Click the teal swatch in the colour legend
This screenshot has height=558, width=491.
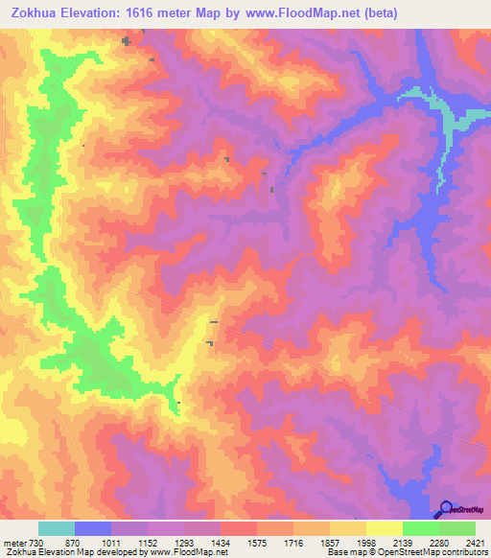pos(57,528)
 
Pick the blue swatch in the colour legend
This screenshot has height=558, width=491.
pos(93,528)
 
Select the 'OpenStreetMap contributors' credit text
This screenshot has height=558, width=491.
pos(440,552)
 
